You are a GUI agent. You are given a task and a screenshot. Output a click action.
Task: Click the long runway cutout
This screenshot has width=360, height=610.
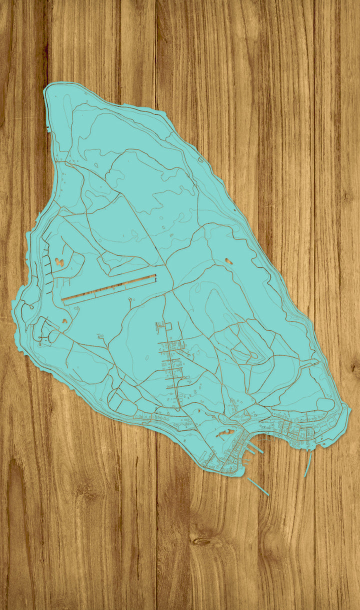[x=109, y=288]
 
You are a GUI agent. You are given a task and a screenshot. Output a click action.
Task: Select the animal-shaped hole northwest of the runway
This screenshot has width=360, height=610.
[x=59, y=261]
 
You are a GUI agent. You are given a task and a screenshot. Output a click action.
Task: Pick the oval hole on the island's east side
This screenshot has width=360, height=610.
[x=228, y=260]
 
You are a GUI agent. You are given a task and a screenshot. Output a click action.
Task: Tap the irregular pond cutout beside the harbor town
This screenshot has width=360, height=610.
[x=224, y=432]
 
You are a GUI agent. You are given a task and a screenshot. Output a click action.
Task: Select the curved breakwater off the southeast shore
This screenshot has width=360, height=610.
[x=307, y=464]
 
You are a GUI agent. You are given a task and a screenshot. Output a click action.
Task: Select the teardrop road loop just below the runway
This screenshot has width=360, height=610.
[x=131, y=301]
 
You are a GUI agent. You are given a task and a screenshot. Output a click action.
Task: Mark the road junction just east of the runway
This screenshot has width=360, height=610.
[x=172, y=288]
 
